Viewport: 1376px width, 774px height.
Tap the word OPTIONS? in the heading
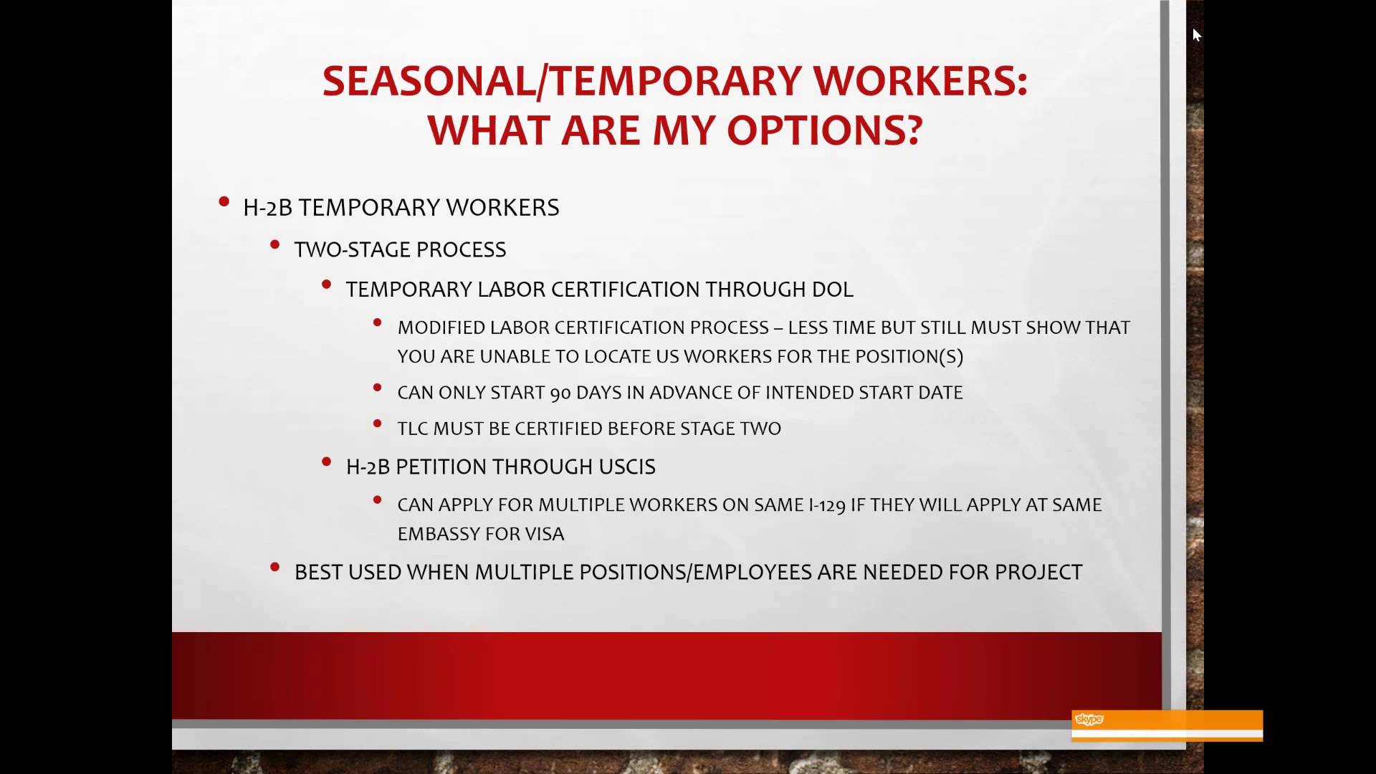(x=824, y=130)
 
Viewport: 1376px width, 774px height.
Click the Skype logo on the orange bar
(x=1089, y=720)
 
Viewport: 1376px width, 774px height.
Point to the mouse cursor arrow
(x=1196, y=34)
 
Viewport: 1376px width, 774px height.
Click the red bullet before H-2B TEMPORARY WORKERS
(x=224, y=203)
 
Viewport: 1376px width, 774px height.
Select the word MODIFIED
(x=441, y=328)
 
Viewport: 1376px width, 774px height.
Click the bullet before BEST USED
(x=275, y=568)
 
